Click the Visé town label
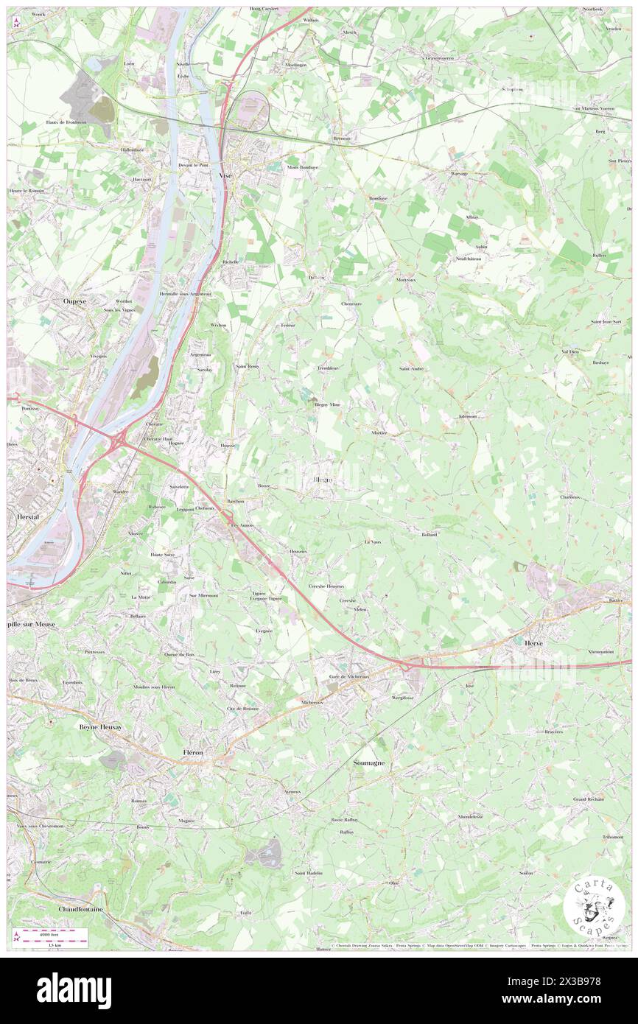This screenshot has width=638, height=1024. point(226,175)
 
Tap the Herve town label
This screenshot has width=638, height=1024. point(533,642)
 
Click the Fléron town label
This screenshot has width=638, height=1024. point(192,752)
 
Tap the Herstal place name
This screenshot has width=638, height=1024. point(28,517)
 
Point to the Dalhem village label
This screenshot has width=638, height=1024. point(316,278)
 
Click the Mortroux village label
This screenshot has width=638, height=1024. point(407,280)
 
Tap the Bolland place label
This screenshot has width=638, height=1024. point(430,534)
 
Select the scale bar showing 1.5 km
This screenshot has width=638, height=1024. point(52,937)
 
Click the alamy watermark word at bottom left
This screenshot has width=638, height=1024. point(74,990)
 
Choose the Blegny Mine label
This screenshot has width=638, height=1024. point(326,404)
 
